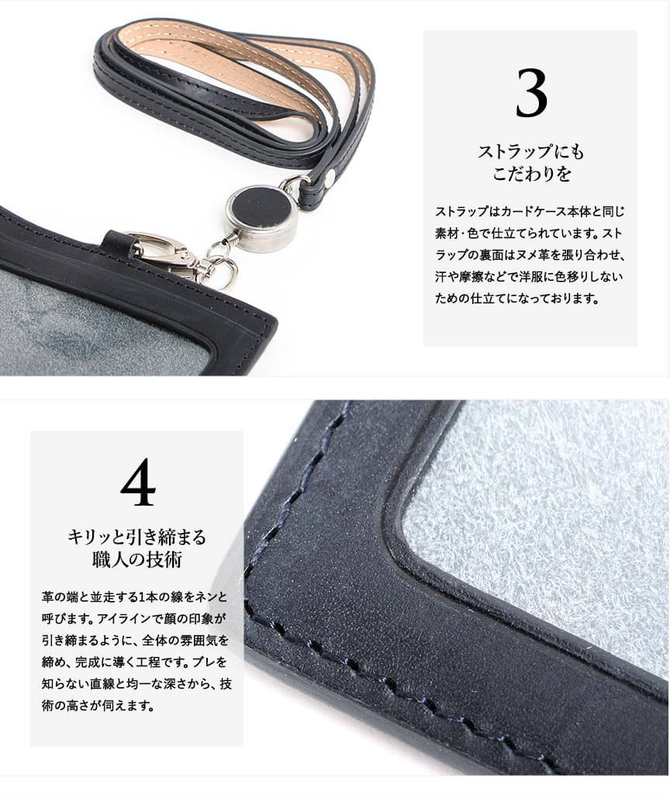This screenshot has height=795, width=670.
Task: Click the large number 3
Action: click(531, 93)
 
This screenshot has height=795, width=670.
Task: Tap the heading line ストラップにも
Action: click(530, 151)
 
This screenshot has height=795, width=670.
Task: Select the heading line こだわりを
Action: click(532, 174)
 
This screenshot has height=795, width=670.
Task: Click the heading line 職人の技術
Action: click(137, 559)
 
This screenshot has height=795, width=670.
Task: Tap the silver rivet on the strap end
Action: click(331, 175)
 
